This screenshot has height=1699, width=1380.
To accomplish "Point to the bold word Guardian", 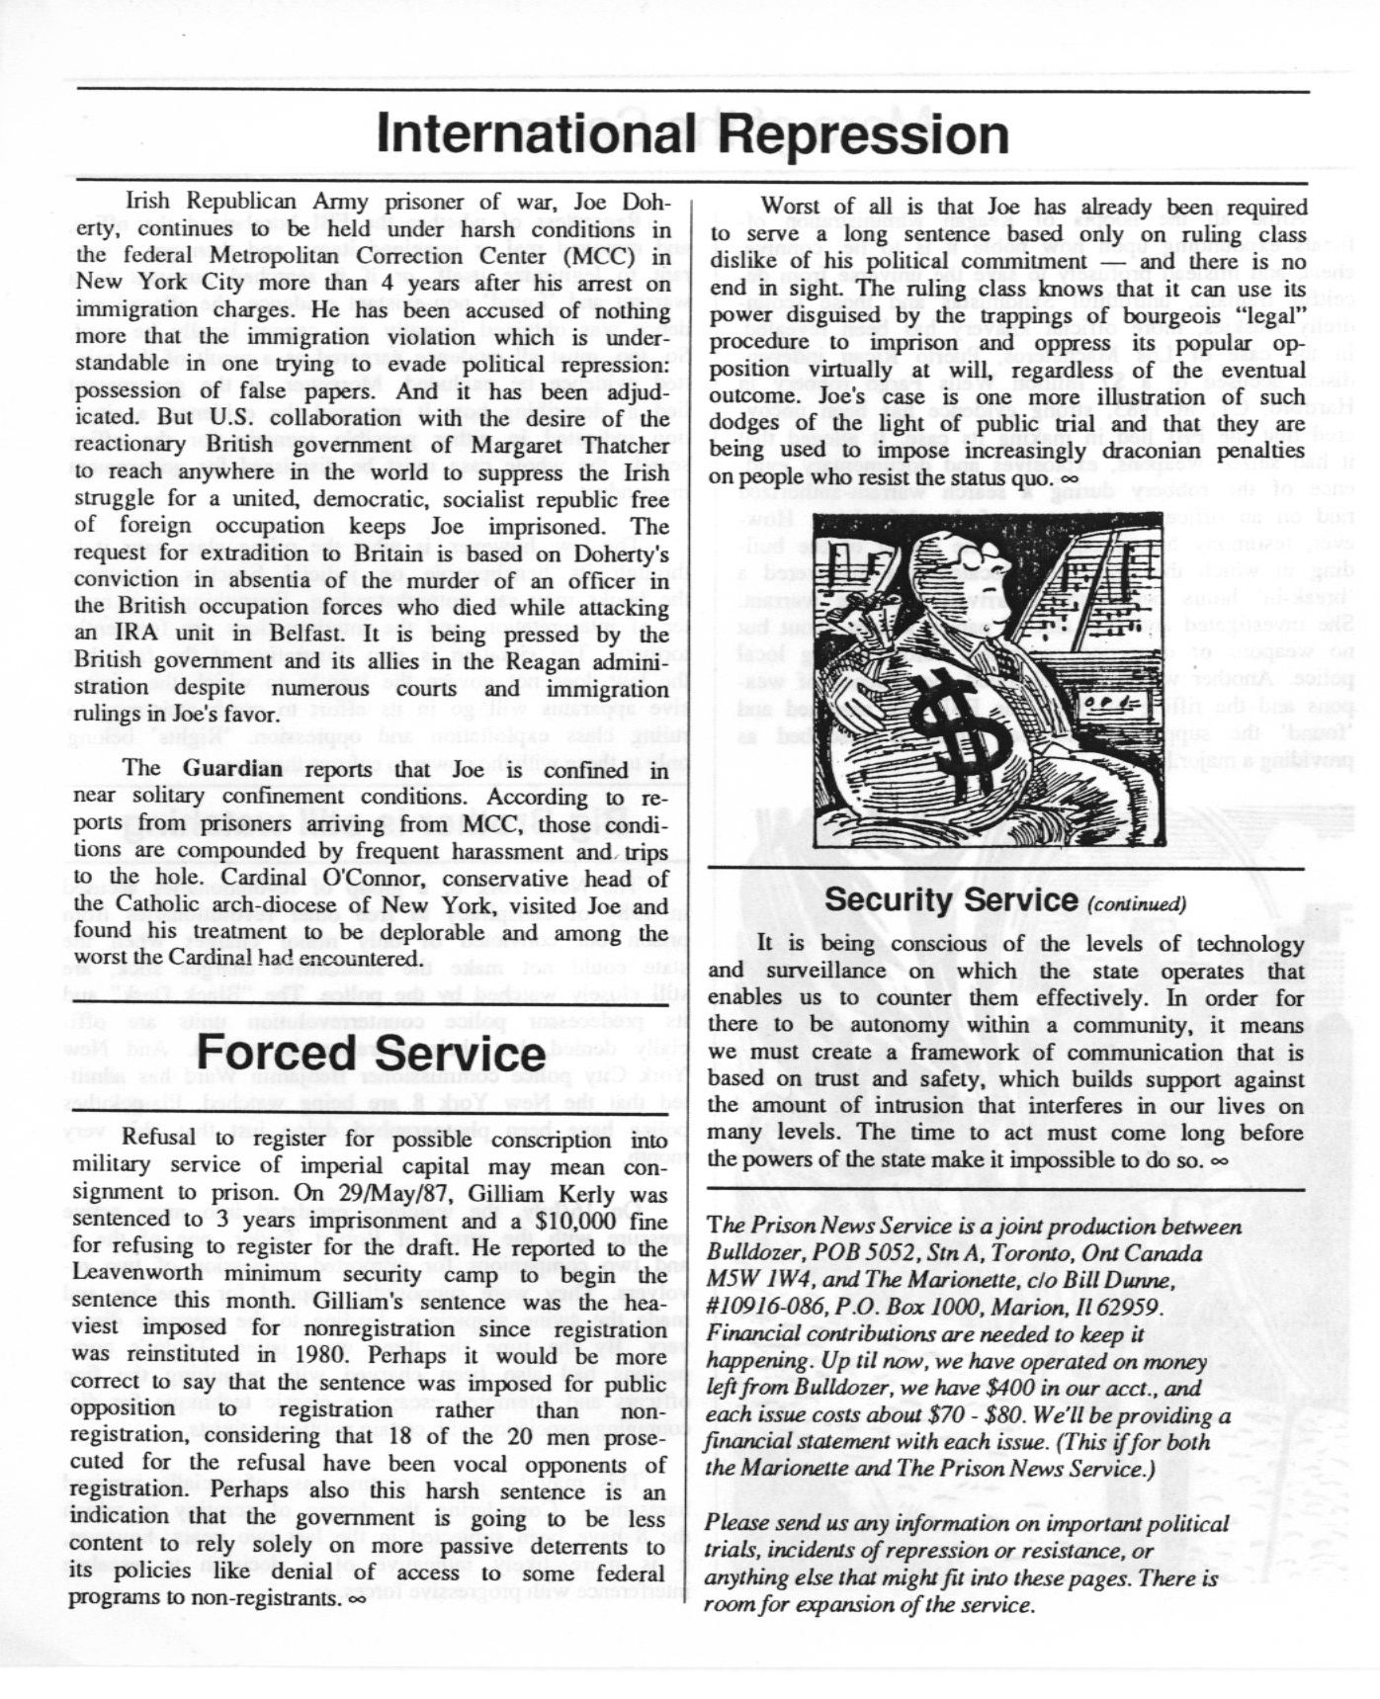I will pos(232,769).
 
